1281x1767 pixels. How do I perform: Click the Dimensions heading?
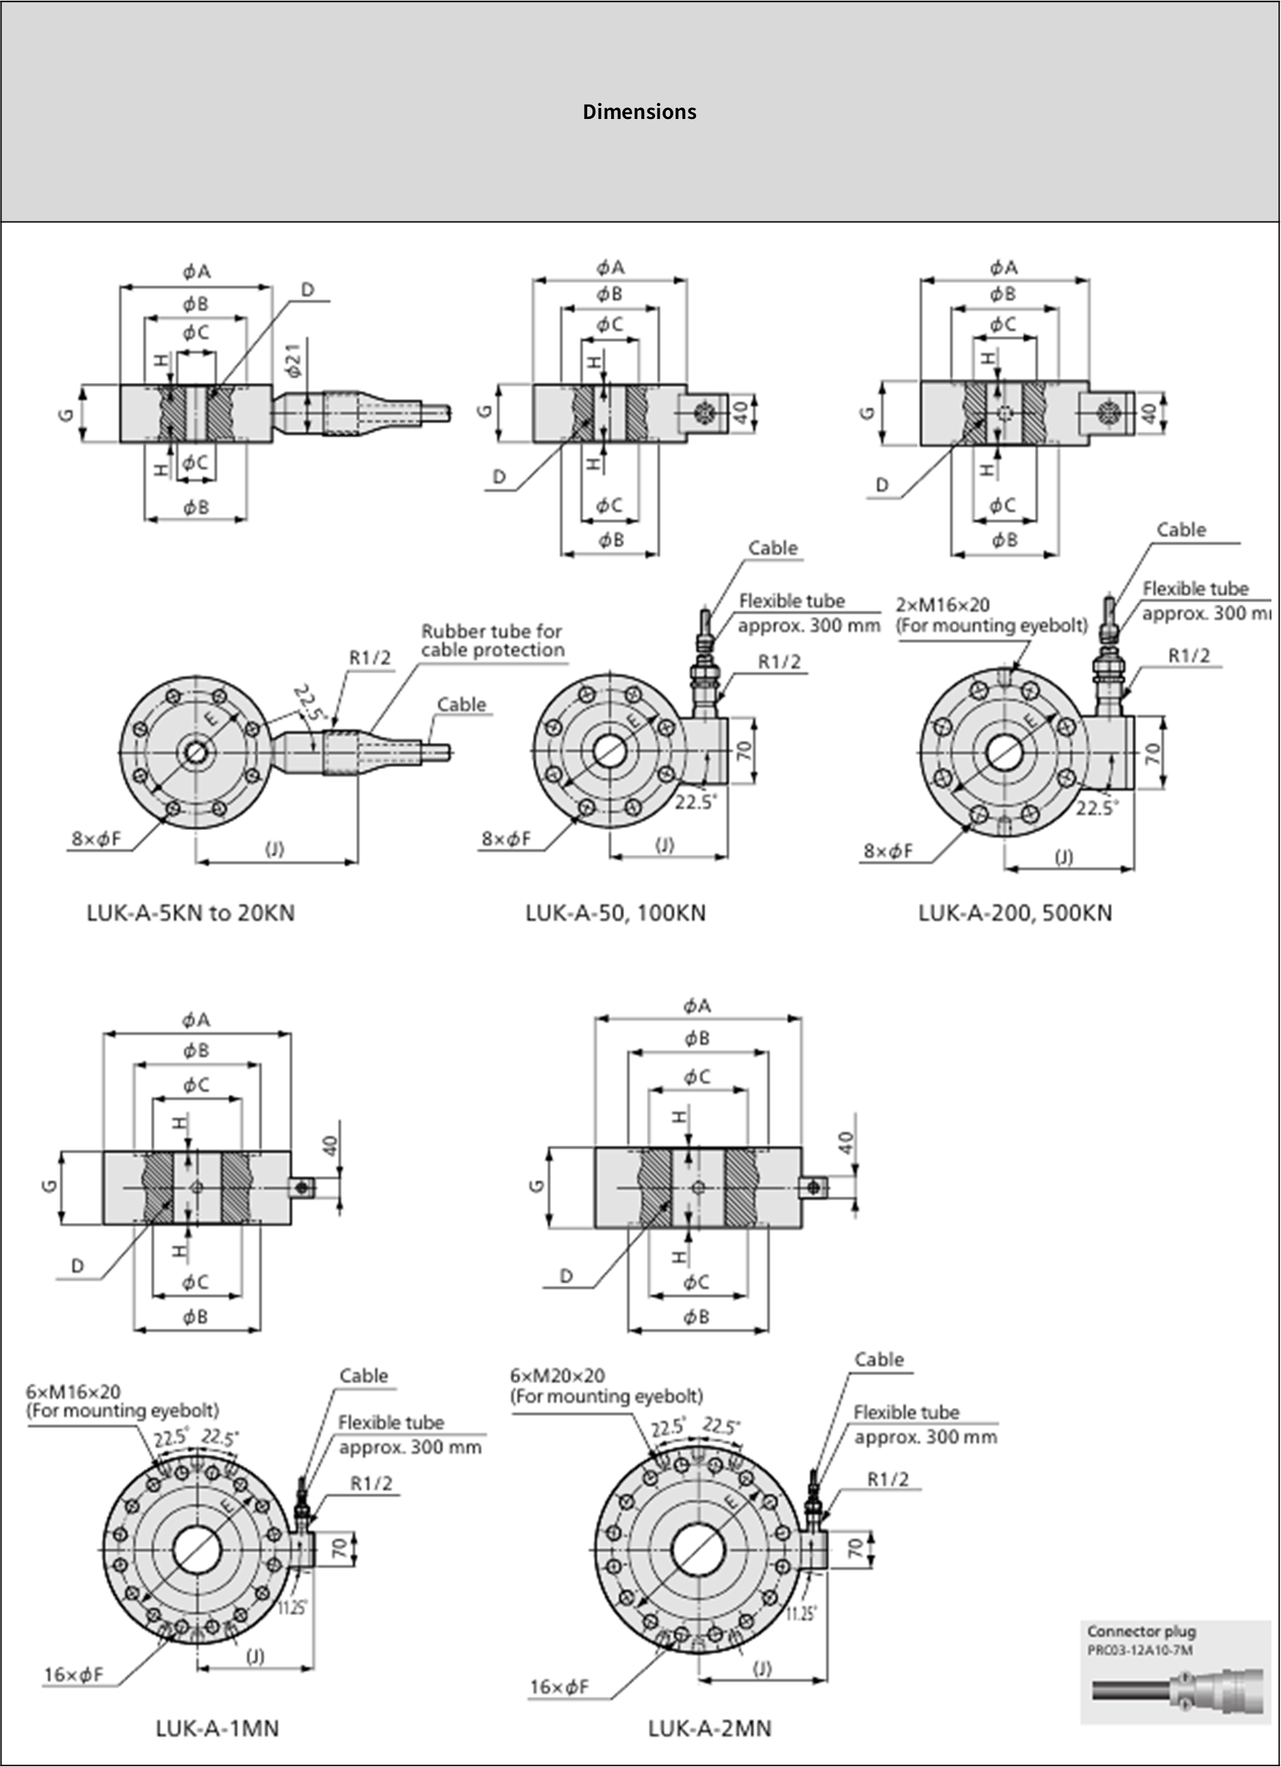click(x=639, y=111)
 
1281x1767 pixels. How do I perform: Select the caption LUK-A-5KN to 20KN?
click(x=191, y=912)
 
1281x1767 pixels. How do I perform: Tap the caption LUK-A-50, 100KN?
click(x=615, y=912)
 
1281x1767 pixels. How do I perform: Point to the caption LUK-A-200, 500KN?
click(x=1014, y=912)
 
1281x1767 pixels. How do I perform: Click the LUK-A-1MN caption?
click(x=217, y=1728)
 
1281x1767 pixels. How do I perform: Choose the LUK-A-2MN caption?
click(x=710, y=1728)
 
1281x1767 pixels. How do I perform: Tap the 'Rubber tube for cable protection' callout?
click(x=491, y=641)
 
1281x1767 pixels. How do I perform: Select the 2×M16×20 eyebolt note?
click(x=990, y=615)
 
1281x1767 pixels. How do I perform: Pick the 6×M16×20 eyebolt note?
click(x=122, y=1400)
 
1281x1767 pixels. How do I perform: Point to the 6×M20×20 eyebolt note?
click(x=606, y=1385)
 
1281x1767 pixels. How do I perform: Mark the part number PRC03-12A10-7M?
click(x=1140, y=1650)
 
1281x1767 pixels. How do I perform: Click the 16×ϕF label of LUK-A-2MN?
click(x=559, y=1687)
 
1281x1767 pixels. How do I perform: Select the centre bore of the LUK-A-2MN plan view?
click(x=699, y=1550)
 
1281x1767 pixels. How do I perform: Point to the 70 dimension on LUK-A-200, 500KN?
click(x=1153, y=753)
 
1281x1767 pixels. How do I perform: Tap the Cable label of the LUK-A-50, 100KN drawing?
click(x=772, y=548)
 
